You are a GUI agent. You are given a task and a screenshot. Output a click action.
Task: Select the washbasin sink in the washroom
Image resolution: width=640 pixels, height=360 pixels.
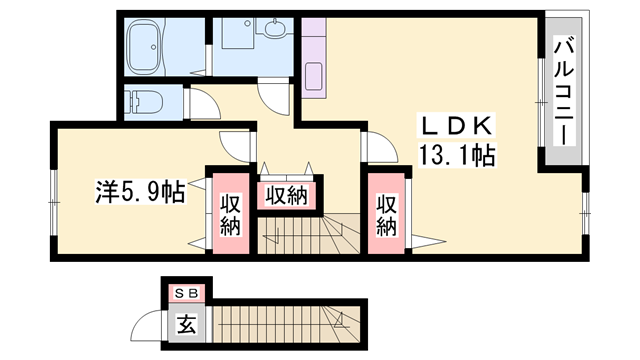(x=274, y=32)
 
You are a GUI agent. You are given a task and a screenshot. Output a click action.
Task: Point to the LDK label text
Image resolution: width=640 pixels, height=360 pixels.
(x=455, y=125)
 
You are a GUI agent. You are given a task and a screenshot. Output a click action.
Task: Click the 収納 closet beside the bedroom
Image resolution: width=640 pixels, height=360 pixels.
(x=229, y=212)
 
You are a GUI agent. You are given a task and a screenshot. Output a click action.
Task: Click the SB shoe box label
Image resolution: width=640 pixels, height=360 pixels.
(x=187, y=293)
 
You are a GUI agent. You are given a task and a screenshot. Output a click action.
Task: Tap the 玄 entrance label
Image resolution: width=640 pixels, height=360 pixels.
(x=187, y=323)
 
